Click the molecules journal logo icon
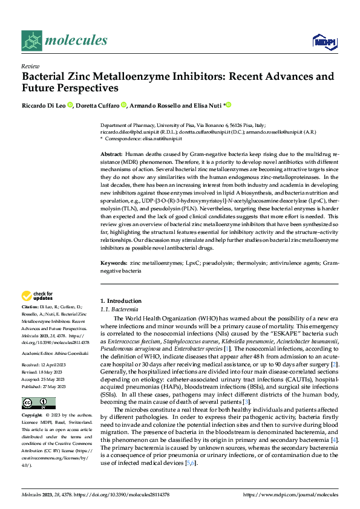pyautogui.click(x=32, y=41)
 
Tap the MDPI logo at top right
pyautogui.click(x=324, y=41)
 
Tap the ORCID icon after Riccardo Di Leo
pyautogui.click(x=70, y=105)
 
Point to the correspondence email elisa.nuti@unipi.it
pyautogui.click(x=162, y=138)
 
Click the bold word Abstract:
pyautogui.click(x=111, y=155)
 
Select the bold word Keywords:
pyautogui.click(x=113, y=264)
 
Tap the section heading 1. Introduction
pyautogui.click(x=119, y=301)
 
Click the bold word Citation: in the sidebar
pyautogui.click(x=30, y=307)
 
